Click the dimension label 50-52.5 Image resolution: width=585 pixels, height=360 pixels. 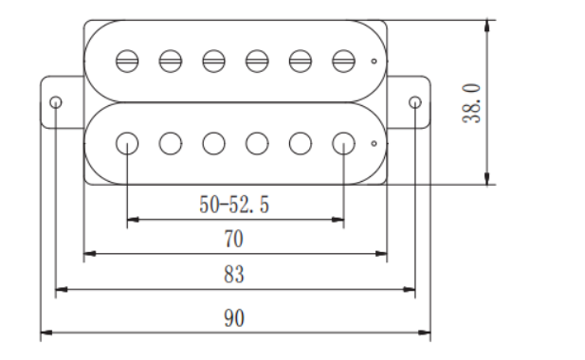coord(234,205)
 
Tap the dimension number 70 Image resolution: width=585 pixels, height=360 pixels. coord(234,239)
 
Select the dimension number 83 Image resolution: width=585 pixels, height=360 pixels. coord(234,275)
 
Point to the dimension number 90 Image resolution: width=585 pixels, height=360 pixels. coord(234,318)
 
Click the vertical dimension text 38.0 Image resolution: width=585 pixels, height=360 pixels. coord(471,103)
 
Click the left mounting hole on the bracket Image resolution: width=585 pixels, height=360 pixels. coord(56,102)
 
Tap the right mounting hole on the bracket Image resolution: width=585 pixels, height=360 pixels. coord(415,102)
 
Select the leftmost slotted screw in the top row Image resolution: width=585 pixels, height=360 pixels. coord(127,62)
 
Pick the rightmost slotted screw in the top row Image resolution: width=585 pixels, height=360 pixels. coord(343,62)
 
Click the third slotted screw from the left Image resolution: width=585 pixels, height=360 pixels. coord(213,62)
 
